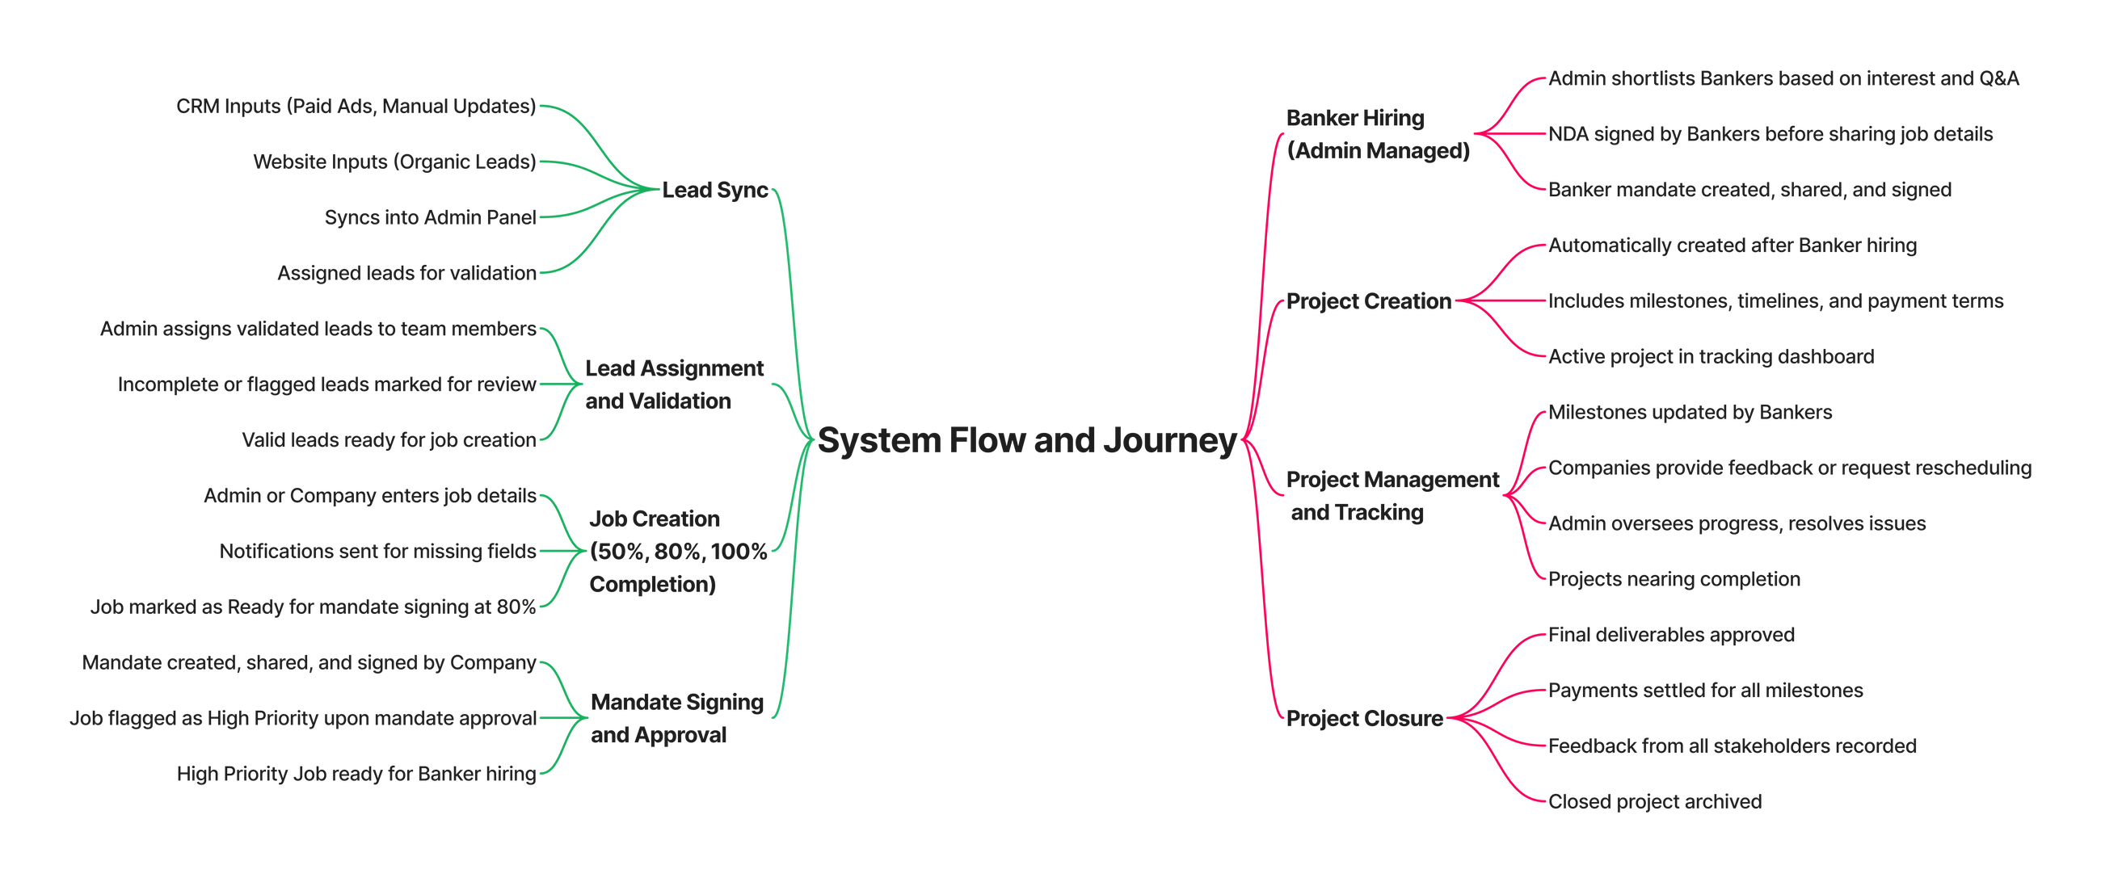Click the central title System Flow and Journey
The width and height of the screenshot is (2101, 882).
point(1027,440)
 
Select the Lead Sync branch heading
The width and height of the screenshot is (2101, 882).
point(715,190)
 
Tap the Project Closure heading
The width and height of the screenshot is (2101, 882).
point(1365,718)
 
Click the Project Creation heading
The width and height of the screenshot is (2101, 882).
point(1369,300)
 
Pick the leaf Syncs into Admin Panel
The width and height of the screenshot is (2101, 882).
point(431,217)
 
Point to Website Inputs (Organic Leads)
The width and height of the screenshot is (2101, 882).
point(395,162)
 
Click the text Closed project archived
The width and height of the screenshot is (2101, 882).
point(1655,801)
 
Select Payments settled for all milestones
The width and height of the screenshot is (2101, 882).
point(1705,691)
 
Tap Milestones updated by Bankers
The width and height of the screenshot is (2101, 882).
point(1690,413)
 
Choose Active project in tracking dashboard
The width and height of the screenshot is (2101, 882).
point(1712,357)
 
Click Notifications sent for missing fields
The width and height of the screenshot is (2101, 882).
point(378,552)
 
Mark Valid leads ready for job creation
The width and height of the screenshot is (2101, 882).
point(389,440)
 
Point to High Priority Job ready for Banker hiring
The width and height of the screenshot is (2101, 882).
point(356,774)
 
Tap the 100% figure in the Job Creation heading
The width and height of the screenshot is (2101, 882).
point(739,552)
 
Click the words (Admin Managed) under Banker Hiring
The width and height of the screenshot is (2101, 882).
point(1379,151)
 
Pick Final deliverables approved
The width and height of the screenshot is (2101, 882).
point(1671,635)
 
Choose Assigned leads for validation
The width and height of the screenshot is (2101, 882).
point(407,273)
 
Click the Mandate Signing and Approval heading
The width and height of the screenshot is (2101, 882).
point(677,718)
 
